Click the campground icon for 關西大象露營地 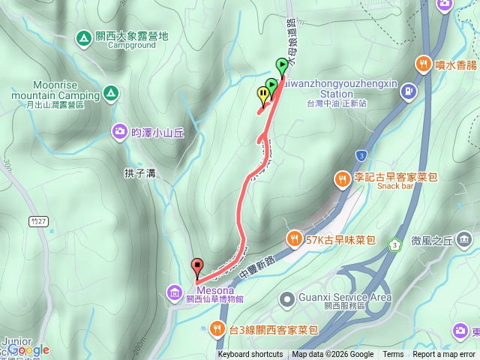pos(82,37)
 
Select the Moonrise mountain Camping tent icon pos(110,93)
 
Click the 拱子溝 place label pos(139,173)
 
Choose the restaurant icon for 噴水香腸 pos(424,65)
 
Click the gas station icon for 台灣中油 pos(408,92)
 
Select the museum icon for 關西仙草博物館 pos(174,291)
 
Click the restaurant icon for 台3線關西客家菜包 pos(217,328)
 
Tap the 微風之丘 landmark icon pos(465,240)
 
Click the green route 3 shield pos(394,244)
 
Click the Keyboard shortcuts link pos(250,355)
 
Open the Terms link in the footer pos(393,355)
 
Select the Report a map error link pos(445,355)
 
